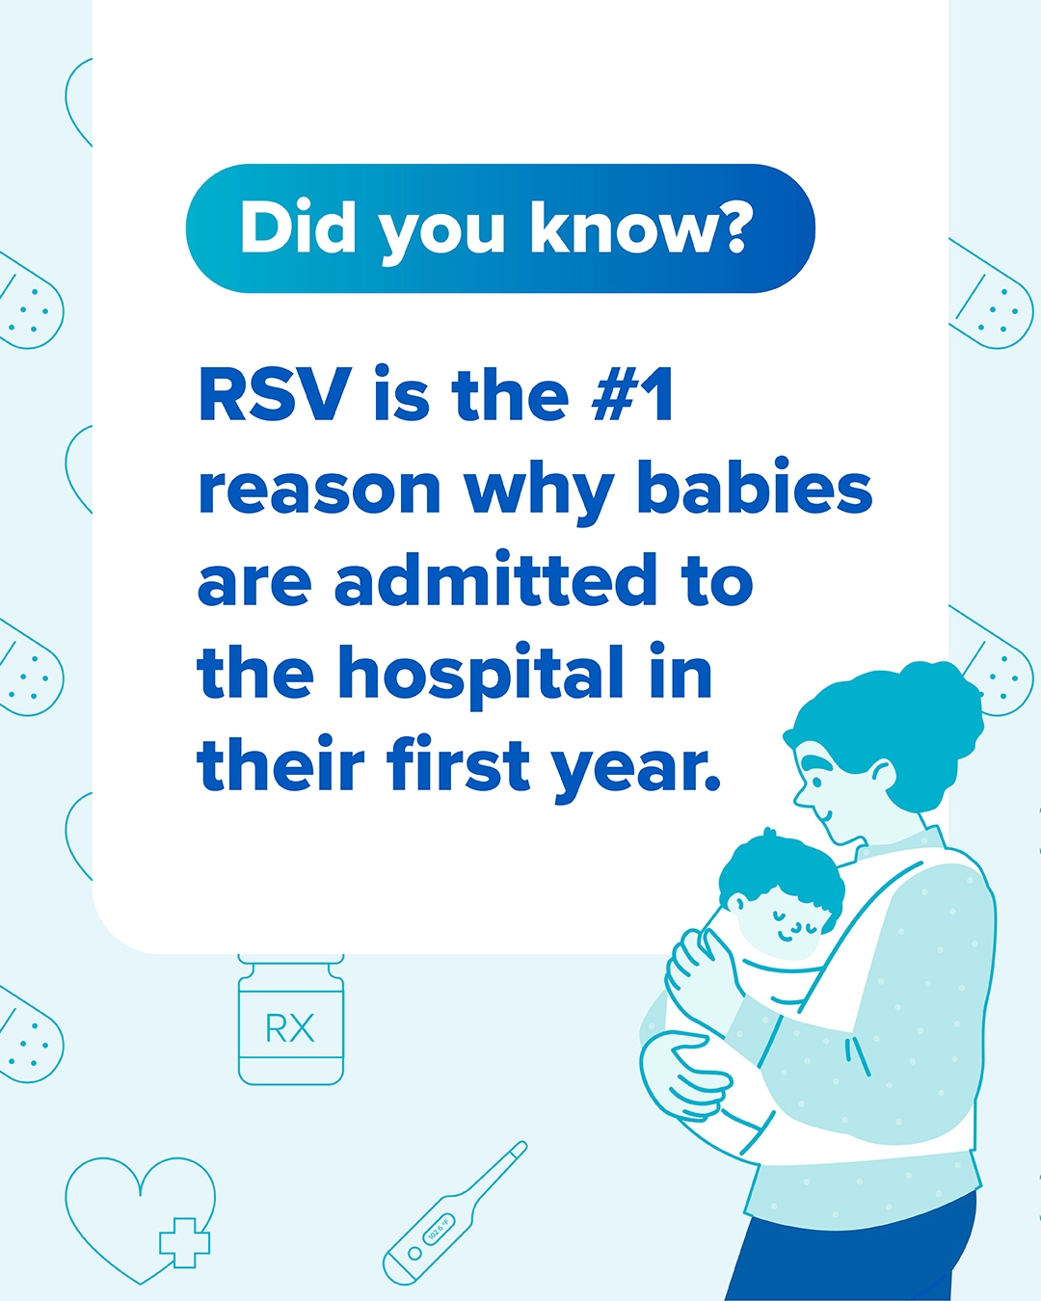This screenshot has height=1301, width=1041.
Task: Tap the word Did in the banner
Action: pos(297,227)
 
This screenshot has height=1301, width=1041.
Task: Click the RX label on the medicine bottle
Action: pos(290,1027)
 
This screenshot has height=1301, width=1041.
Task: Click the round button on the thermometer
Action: pos(414,1252)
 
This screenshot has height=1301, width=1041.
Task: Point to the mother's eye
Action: pos(817,783)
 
